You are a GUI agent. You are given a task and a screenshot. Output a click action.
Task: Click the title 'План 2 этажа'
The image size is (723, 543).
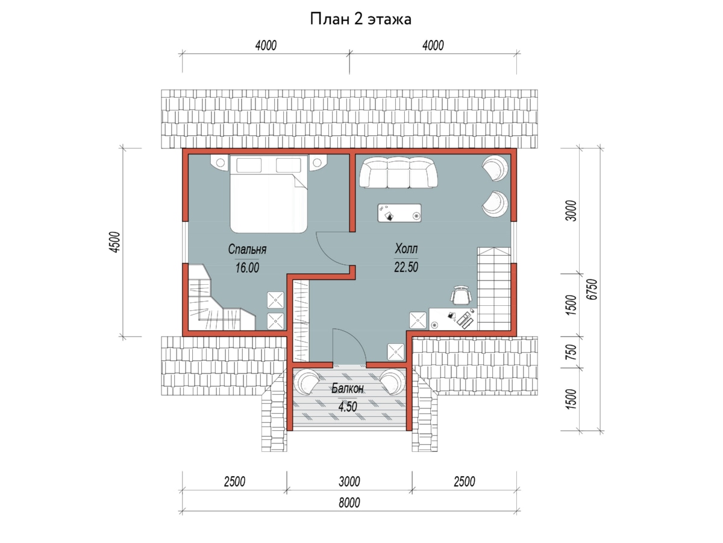[360, 19]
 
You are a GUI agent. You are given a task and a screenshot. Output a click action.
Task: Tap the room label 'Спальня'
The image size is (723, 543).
[247, 249]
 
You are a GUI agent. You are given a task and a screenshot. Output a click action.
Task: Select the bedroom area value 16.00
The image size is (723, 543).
[247, 267]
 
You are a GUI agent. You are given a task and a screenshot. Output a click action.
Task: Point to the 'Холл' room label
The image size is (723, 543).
[406, 248]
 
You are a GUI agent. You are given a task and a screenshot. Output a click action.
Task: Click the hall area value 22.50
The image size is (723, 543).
[406, 267]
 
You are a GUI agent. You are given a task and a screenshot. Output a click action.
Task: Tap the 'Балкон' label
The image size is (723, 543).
[348, 389]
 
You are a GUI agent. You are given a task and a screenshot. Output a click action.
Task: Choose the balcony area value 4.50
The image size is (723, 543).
[348, 407]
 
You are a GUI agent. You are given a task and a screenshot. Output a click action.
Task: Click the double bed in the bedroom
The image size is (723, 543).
[269, 194]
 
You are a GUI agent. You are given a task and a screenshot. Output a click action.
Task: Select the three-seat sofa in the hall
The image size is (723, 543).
[398, 173]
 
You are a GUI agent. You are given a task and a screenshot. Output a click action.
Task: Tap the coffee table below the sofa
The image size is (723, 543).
[399, 212]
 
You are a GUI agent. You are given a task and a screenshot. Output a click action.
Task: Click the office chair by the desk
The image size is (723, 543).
[461, 296]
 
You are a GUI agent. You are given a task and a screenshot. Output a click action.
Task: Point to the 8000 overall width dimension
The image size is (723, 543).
[349, 503]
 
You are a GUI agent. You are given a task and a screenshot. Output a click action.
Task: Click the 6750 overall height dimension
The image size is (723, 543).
[592, 289]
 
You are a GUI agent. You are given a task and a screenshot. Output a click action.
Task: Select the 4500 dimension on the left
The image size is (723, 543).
[114, 243]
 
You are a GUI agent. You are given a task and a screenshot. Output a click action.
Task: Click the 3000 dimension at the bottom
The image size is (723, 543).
[349, 481]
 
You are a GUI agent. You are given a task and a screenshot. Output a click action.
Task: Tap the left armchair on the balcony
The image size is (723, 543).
[306, 382]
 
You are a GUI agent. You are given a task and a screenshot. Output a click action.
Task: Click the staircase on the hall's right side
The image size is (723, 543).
[494, 289]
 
